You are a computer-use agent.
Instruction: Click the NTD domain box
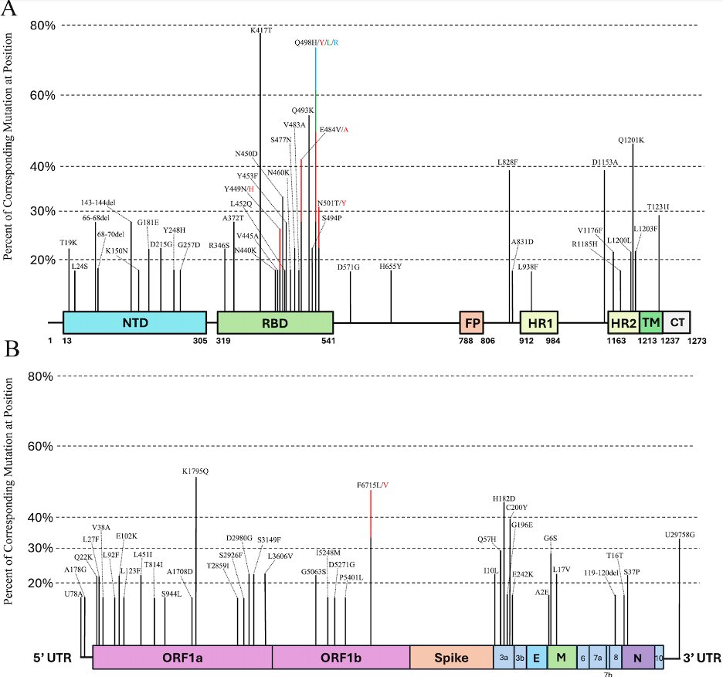134,322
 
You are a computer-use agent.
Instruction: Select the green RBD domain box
275,322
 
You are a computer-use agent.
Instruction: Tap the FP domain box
470,322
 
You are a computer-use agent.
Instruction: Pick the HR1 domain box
539,322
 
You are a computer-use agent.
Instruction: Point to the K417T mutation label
260,31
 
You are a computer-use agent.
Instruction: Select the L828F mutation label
508,162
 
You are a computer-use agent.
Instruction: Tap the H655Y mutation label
390,266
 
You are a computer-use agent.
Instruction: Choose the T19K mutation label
68,243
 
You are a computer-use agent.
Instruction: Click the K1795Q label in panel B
195,470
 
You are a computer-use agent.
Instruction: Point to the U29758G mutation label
680,534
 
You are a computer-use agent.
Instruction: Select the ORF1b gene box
341,658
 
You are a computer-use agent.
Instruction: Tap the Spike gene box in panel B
451,658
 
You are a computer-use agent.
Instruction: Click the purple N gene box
637,658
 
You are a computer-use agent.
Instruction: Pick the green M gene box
562,658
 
